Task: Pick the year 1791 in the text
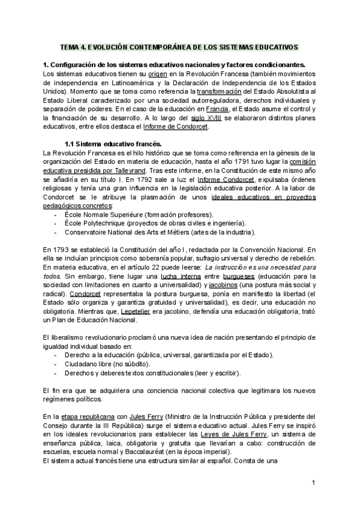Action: click(x=223, y=162)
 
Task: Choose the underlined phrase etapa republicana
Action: click(x=82, y=416)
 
